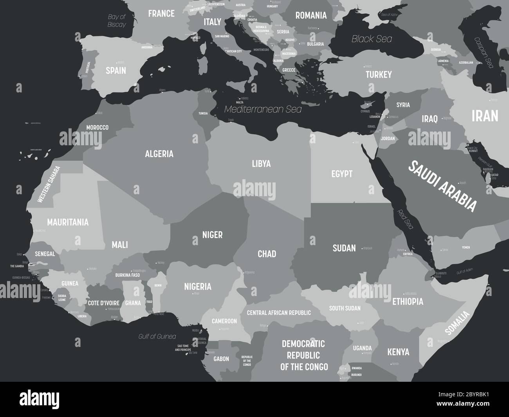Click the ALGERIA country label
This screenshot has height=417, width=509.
tap(159, 153)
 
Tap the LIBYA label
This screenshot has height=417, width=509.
tap(261, 163)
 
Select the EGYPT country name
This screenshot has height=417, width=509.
tap(342, 173)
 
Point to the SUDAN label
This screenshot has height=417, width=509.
tap(344, 247)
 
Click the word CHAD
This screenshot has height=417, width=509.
tap(267, 254)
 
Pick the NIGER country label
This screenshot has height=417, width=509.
tap(212, 235)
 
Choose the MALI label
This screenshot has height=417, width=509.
tap(120, 245)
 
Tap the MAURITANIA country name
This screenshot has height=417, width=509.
tap(68, 222)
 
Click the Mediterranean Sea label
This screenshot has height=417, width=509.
tap(263, 109)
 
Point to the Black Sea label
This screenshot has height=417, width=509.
tap(372, 39)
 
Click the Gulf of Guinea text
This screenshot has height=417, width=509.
tap(157, 336)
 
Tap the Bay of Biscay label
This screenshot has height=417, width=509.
tap(117, 21)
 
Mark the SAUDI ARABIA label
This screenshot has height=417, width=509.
tap(442, 186)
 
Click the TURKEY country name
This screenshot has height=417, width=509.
tap(379, 74)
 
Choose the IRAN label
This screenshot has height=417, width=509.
tap(485, 116)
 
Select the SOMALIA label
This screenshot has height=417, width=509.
tap(457, 323)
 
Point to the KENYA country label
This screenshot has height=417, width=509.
tap(398, 352)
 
